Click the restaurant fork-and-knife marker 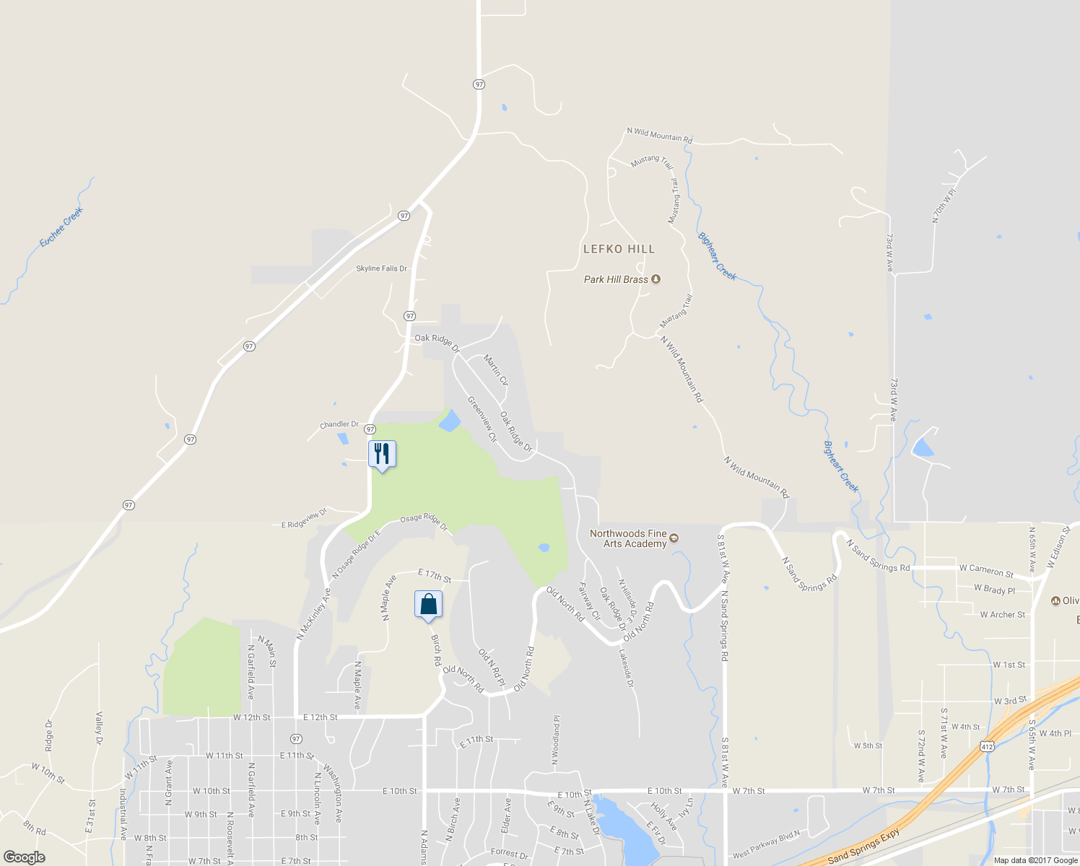[x=382, y=454]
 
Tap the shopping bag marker [x=428, y=604]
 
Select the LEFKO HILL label [x=619, y=249]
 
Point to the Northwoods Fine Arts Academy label [x=629, y=538]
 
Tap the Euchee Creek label [x=61, y=227]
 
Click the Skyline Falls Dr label [x=381, y=268]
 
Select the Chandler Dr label [x=339, y=424]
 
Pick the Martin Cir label [x=496, y=370]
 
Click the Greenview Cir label [x=482, y=419]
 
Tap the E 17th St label [x=435, y=575]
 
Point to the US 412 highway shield [x=986, y=745]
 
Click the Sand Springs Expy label [x=863, y=847]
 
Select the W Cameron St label [x=986, y=570]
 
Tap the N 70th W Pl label [x=944, y=205]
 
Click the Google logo [x=24, y=857]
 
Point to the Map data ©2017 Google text [x=1035, y=860]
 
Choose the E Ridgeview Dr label [x=304, y=519]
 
